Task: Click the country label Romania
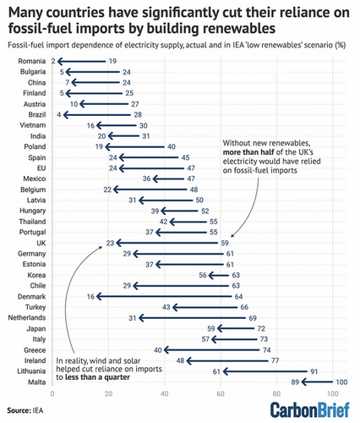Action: point(32,61)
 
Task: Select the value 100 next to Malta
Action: point(341,382)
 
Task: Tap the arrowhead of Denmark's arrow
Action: point(99,296)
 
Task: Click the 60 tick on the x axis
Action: point(221,393)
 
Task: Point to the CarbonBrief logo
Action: point(310,410)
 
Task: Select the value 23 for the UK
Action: point(110,243)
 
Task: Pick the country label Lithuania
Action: point(31,371)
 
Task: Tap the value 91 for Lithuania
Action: point(314,371)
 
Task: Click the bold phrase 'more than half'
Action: point(248,152)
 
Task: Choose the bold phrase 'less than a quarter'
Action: point(97,377)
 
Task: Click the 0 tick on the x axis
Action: point(52,393)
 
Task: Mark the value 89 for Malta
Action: point(295,382)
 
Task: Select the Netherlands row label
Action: point(27,318)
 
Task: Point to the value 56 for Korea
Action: point(203,275)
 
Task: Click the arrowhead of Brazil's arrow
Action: point(66,115)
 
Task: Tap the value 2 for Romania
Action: point(53,61)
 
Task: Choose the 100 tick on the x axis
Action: point(332,393)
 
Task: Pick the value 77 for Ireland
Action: point(275,360)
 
